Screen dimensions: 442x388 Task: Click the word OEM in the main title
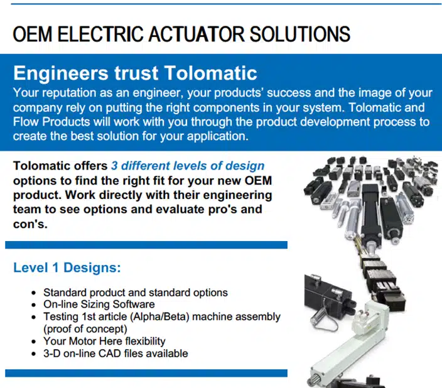click(33, 34)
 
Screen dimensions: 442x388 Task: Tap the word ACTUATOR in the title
click(196, 34)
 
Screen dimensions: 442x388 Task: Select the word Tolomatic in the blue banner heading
click(210, 73)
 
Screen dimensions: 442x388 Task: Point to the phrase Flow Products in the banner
click(51, 122)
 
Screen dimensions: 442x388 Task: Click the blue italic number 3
click(114, 166)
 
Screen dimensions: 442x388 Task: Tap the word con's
click(30, 224)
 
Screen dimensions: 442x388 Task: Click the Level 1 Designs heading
click(67, 267)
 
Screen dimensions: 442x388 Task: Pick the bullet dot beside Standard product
click(34, 293)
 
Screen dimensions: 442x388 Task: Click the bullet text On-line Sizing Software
click(99, 304)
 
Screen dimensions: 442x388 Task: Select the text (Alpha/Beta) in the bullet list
click(159, 316)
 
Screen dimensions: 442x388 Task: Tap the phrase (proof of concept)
click(85, 329)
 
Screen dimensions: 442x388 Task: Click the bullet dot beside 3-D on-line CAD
click(34, 354)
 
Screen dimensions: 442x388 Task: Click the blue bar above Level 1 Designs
click(146, 245)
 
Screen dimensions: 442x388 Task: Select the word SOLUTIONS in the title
click(300, 34)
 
